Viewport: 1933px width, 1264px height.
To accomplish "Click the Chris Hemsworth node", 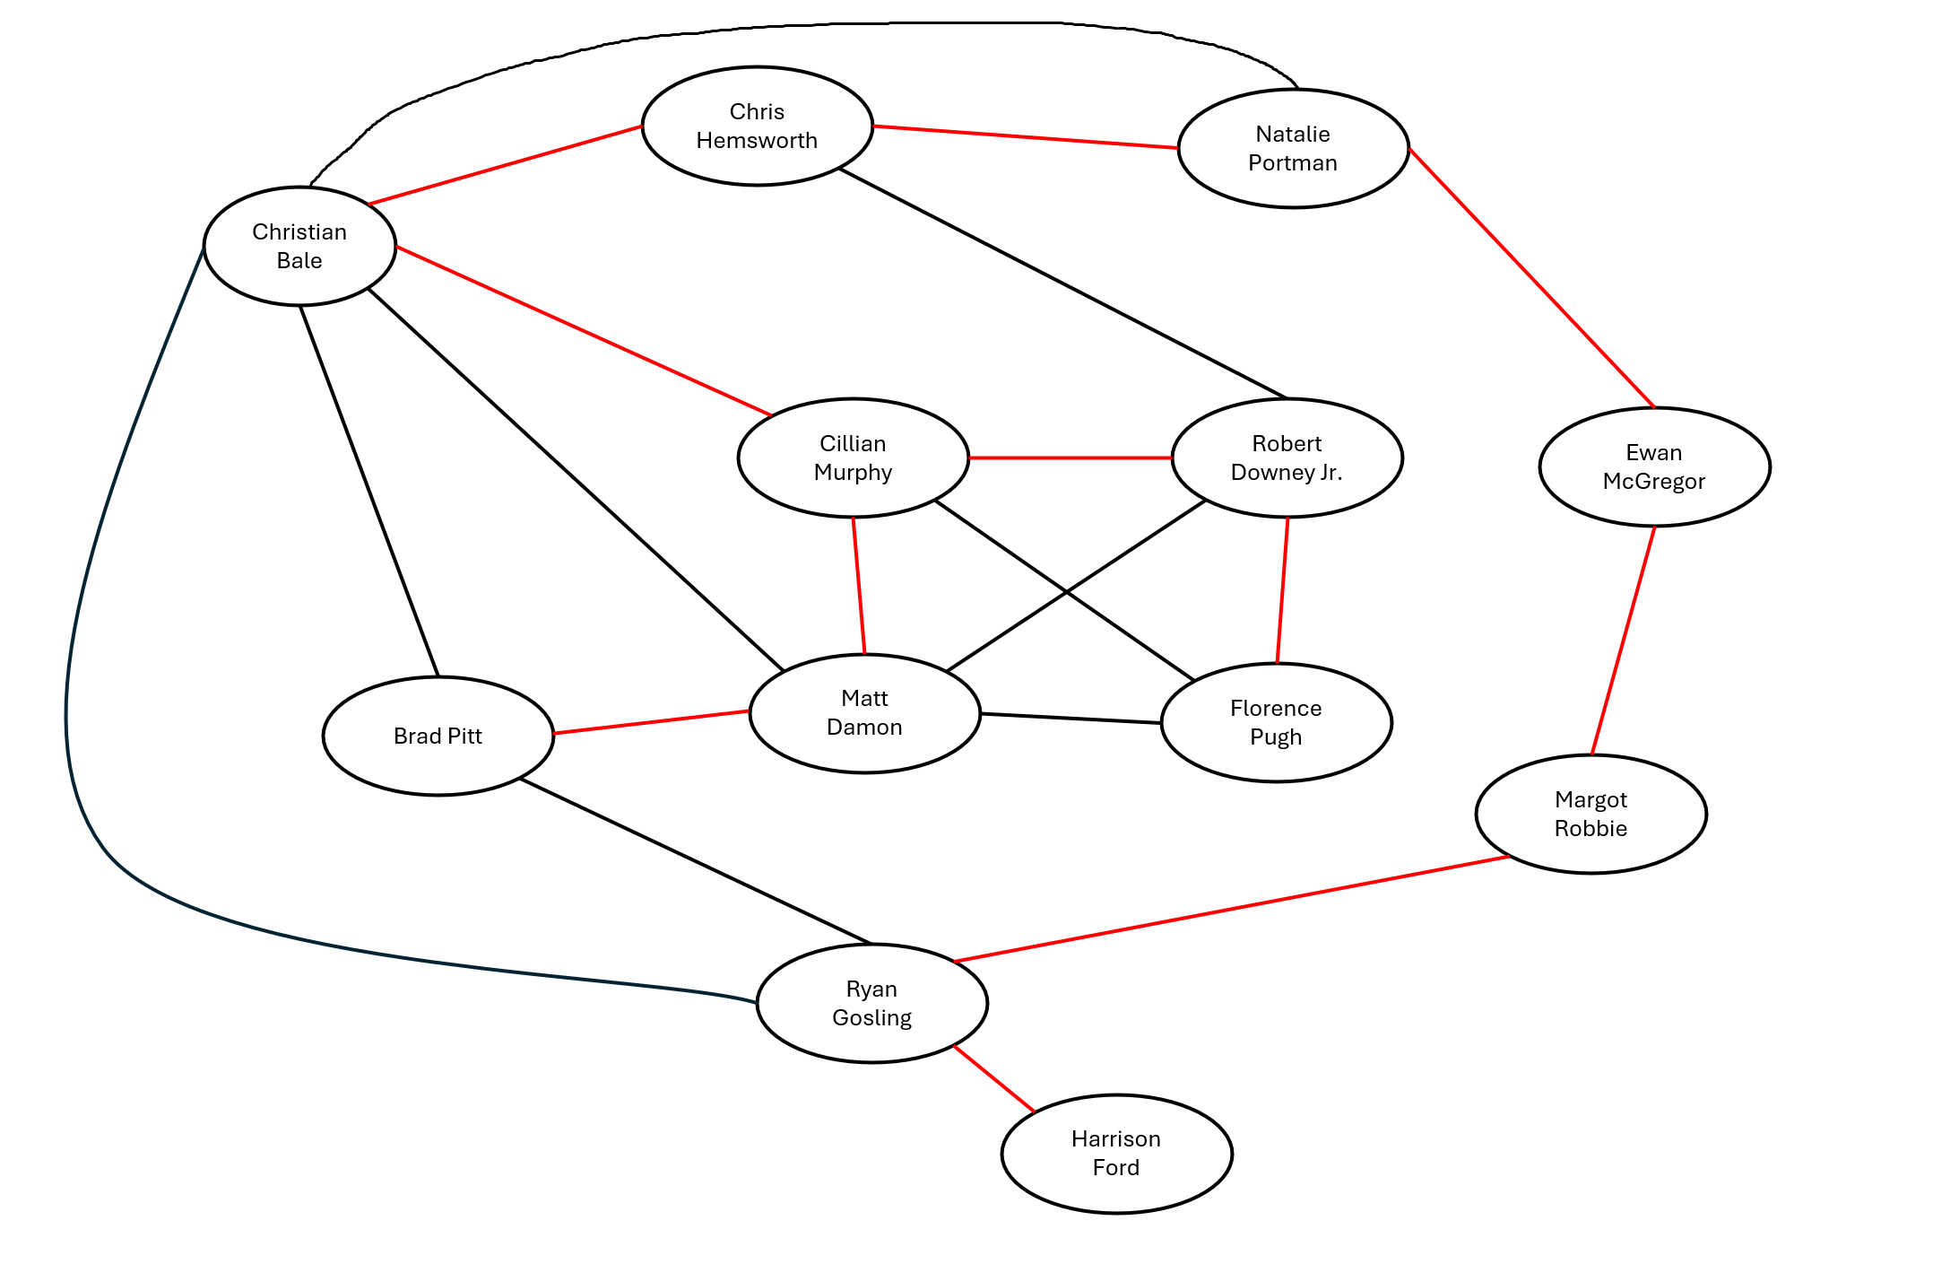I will click(757, 126).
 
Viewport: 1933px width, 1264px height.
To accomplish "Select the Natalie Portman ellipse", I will click(1293, 149).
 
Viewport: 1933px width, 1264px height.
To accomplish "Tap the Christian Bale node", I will click(299, 247).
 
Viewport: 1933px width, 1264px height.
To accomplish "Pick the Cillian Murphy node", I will click(853, 458).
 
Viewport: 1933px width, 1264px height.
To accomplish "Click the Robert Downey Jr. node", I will click(1287, 458).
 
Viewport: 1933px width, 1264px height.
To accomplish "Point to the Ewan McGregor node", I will click(1654, 467).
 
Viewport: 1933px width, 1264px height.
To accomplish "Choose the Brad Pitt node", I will click(438, 737).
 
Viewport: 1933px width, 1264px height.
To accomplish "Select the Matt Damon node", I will click(864, 713).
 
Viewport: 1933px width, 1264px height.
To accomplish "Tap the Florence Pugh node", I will click(1276, 723).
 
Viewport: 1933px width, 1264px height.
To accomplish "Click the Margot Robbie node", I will click(1591, 815).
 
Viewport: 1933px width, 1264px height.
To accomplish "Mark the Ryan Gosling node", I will click(871, 1004).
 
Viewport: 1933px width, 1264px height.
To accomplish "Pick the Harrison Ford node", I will click(1116, 1154).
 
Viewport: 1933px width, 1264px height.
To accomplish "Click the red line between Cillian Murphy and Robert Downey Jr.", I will click(1070, 458).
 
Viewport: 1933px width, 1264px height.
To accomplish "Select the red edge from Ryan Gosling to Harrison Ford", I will click(994, 1079).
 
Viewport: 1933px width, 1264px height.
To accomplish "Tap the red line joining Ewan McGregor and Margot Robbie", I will click(1623, 641).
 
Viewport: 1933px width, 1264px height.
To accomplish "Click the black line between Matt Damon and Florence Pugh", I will click(1071, 719).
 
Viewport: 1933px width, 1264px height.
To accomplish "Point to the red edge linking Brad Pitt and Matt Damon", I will click(652, 722).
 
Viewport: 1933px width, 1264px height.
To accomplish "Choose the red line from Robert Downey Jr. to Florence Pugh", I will click(1282, 590).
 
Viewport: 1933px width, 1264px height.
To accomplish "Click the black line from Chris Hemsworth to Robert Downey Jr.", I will click(1062, 283).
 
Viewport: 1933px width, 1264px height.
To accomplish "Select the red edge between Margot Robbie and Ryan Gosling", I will click(1232, 910).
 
